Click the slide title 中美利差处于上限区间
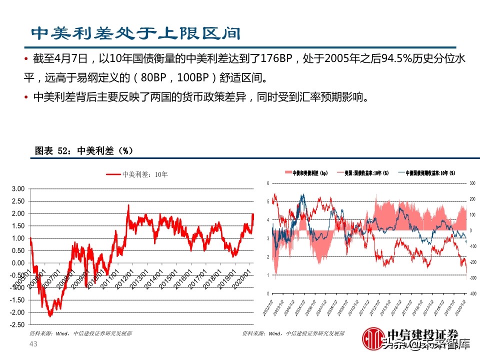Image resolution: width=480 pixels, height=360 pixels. click(x=135, y=33)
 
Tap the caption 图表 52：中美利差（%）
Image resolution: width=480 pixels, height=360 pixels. click(x=83, y=150)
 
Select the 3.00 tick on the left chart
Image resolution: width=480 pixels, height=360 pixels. click(x=18, y=189)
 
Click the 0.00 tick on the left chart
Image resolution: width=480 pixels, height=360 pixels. click(x=18, y=263)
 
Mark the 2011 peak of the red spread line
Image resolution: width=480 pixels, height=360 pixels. click(x=128, y=205)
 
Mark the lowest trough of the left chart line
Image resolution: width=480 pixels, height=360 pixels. click(x=50, y=316)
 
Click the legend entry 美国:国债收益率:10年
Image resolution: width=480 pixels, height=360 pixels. click(x=363, y=173)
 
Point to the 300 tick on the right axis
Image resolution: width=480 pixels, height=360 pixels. click(x=471, y=183)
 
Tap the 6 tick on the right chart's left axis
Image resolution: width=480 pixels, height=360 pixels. click(x=268, y=183)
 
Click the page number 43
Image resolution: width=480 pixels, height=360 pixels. click(x=34, y=344)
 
